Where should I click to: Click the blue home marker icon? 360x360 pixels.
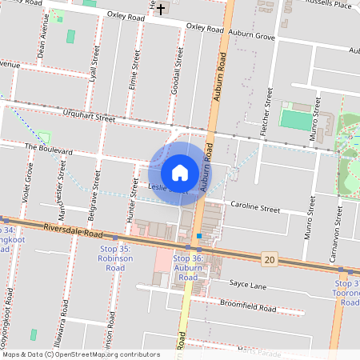pos(180,173)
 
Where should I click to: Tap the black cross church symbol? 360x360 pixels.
pos(161,9)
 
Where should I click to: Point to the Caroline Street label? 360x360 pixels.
pos(255,208)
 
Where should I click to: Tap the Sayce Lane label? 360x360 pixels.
pos(247,284)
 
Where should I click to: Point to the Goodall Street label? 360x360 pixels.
pos(176,74)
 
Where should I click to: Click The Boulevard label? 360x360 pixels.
pos(49,149)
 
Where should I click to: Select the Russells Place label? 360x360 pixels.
pos(330,4)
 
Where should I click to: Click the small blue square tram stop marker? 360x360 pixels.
pos(198,236)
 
